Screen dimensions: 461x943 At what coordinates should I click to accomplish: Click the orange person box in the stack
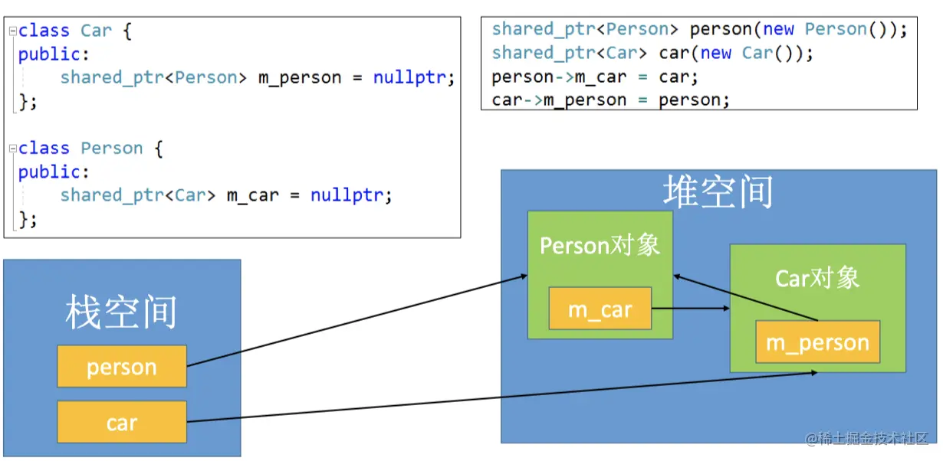(121, 366)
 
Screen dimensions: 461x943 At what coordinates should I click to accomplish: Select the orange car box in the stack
(121, 422)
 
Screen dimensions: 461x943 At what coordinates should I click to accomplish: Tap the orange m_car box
(600, 309)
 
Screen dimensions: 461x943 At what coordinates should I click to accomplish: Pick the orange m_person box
(817, 342)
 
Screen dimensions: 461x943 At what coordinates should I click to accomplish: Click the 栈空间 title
(121, 312)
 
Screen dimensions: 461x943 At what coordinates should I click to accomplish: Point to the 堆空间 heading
(718, 191)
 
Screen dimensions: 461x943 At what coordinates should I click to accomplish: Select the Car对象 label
(817, 277)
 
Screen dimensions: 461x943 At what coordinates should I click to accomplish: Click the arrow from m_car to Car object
(690, 309)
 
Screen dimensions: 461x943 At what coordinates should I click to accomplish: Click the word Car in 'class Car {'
(96, 31)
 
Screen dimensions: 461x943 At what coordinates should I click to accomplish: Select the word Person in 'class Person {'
(112, 148)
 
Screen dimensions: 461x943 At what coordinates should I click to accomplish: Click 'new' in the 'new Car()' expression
(716, 53)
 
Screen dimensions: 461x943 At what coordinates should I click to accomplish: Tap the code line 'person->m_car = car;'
(595, 77)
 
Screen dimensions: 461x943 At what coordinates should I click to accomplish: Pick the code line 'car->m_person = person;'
(610, 100)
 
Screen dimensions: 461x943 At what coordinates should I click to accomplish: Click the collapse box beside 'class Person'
(13, 148)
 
